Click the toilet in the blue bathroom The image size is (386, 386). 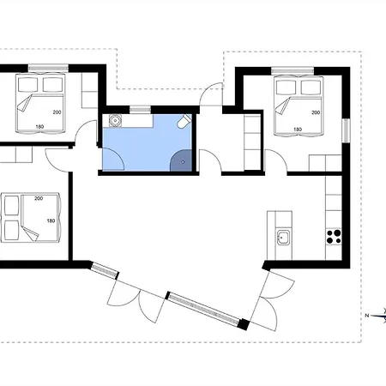tap(184, 121)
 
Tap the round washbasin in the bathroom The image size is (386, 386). tap(115, 120)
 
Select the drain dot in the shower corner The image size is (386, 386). tap(184, 162)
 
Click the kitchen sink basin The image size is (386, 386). tap(283, 238)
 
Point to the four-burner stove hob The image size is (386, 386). tap(334, 237)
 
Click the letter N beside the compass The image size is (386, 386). tap(367, 316)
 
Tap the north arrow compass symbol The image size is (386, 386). tap(379, 316)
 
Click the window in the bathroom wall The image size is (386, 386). tap(140, 110)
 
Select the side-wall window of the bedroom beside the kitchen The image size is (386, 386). tap(347, 130)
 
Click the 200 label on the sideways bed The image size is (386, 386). tap(39, 198)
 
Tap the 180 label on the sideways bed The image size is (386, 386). tap(51, 220)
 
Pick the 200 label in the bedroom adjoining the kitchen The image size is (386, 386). tap(316, 112)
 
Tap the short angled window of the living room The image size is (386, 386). tap(105, 270)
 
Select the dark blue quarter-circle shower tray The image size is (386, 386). tap(181, 160)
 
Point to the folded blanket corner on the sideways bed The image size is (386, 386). tap(30, 234)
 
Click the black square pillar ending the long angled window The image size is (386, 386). tap(244, 324)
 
